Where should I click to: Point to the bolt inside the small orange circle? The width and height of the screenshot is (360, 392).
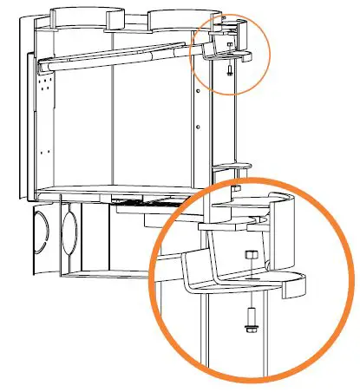[x=227, y=71]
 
